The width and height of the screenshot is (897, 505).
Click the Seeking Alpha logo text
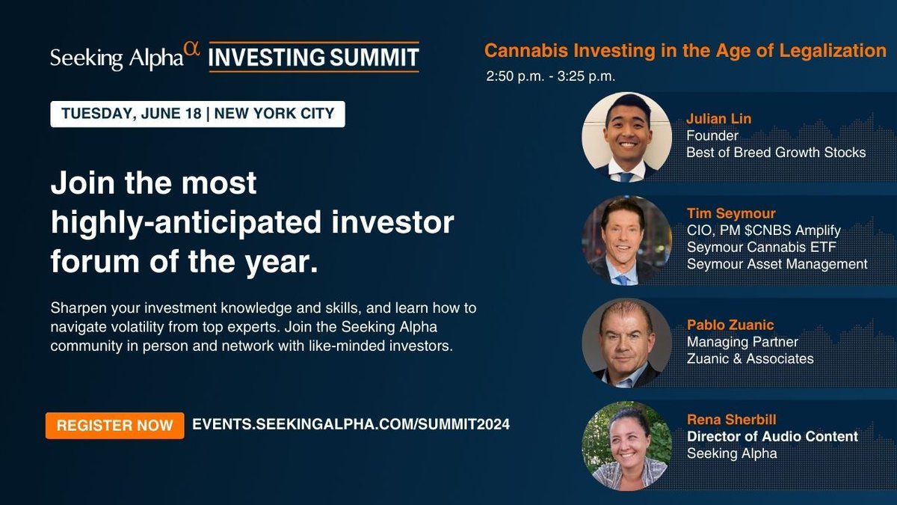(x=116, y=58)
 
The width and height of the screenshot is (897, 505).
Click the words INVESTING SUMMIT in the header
(x=313, y=58)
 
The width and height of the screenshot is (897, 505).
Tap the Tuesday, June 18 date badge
(x=197, y=114)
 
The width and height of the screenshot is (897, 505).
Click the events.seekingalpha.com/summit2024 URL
(x=351, y=424)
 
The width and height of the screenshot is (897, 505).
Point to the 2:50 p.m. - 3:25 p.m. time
(x=550, y=76)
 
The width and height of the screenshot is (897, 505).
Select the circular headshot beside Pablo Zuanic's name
(x=626, y=343)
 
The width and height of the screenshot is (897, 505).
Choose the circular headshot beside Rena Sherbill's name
(x=626, y=446)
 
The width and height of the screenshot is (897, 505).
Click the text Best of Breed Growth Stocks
(x=776, y=153)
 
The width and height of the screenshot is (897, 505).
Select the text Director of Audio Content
(x=772, y=436)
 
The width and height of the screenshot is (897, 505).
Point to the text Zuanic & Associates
(x=750, y=358)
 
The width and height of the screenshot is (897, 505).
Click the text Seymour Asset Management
(x=777, y=263)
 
